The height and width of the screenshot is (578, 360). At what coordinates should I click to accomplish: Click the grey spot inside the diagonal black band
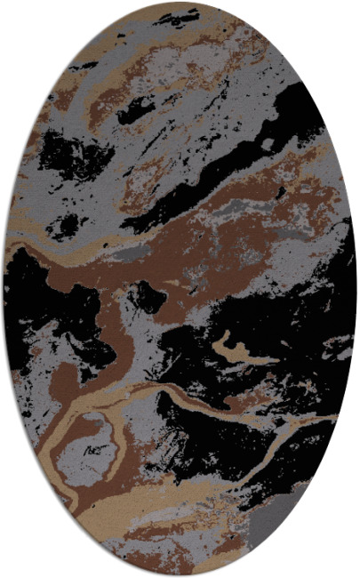click(267, 142)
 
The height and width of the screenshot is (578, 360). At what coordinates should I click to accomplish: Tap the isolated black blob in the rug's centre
click(147, 298)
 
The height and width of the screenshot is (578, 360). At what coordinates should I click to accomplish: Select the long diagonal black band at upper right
click(231, 160)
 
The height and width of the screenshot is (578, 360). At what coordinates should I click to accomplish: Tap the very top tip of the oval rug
click(180, 3)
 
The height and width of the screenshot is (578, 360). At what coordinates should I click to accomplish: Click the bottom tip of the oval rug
click(180, 575)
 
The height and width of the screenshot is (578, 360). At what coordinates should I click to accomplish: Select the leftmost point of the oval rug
click(4, 289)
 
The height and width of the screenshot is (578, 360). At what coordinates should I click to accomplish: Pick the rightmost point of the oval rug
click(356, 289)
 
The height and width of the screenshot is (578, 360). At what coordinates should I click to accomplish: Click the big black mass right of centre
click(267, 329)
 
